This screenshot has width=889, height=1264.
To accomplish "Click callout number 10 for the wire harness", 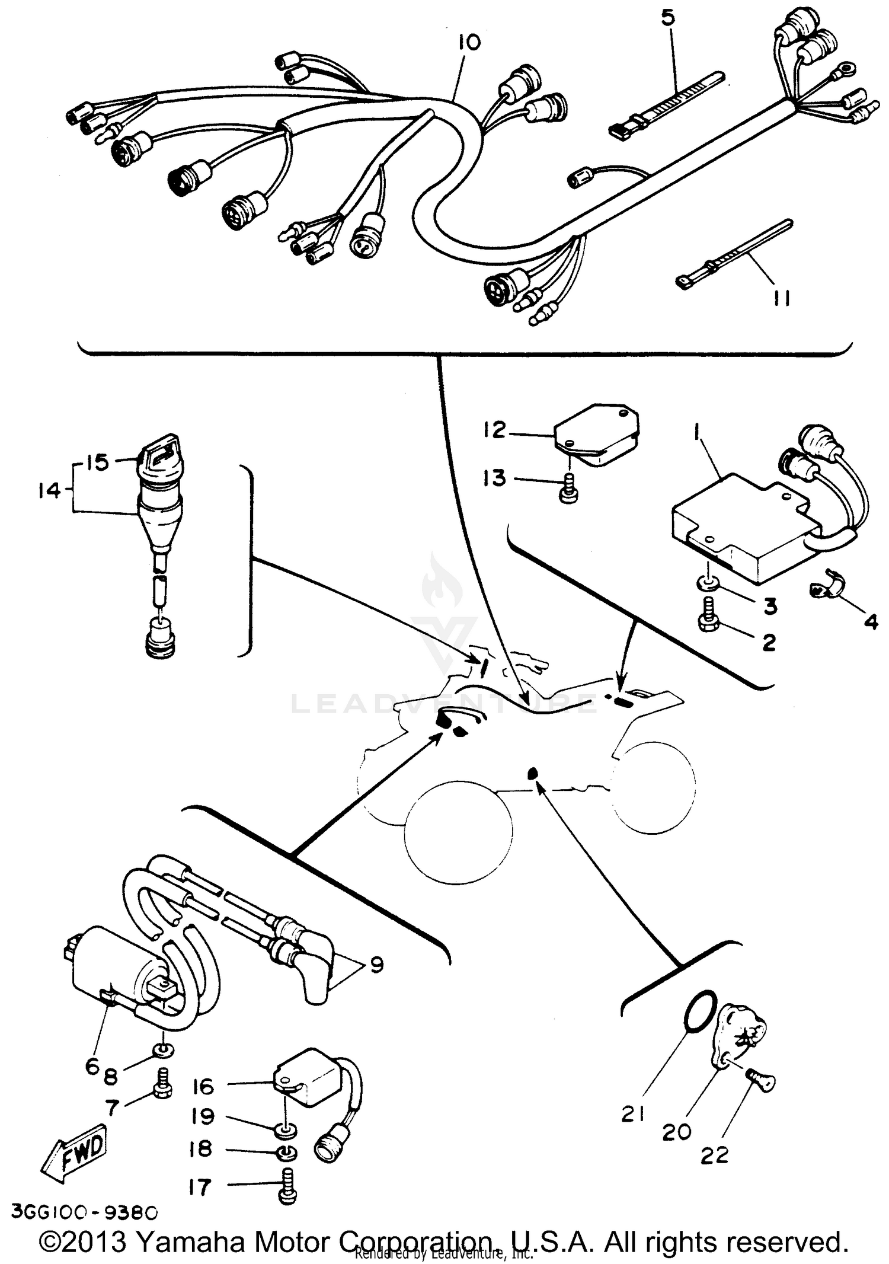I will coord(469,43).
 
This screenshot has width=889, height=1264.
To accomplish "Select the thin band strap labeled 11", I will coord(735,253).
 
